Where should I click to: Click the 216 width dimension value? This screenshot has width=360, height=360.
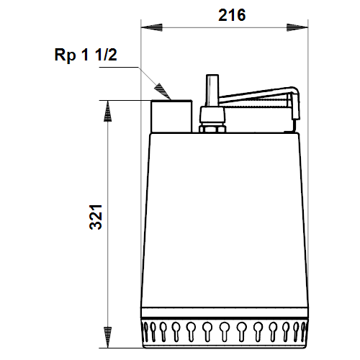pyautogui.click(x=232, y=15)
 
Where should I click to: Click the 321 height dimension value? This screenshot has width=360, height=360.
pyautogui.click(x=96, y=217)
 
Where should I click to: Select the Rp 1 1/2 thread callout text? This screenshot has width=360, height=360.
pyautogui.click(x=86, y=55)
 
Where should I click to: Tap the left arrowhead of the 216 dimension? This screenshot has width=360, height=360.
pyautogui.click(x=152, y=27)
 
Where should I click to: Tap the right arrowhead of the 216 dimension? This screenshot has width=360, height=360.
pyautogui.click(x=297, y=27)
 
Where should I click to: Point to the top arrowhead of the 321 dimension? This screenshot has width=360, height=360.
pyautogui.click(x=107, y=111)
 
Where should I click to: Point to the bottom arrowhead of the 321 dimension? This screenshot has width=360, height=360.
pyautogui.click(x=107, y=337)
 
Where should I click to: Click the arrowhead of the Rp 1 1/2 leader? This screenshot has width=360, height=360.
pyautogui.click(x=163, y=91)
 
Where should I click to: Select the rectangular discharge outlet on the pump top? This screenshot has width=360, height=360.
pyautogui.click(x=171, y=116)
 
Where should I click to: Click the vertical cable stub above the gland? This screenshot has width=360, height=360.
pyautogui.click(x=212, y=91)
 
